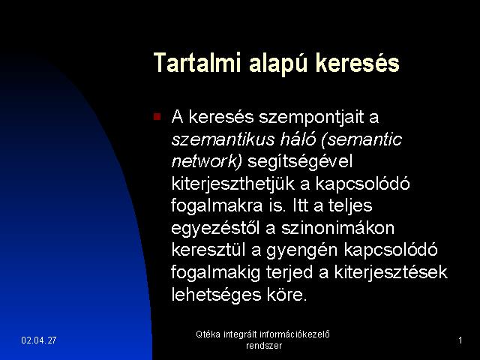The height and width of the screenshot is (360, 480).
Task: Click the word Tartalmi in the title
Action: [x=197, y=63]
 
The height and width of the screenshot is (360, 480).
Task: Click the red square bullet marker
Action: [x=157, y=117]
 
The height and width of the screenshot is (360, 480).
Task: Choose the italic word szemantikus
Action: [x=223, y=139]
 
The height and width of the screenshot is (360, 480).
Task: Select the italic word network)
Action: [x=207, y=161]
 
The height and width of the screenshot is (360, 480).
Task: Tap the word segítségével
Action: [x=300, y=162]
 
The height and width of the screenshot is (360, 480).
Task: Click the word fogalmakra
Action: [x=217, y=205]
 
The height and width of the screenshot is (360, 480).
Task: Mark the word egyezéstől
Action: [x=215, y=229]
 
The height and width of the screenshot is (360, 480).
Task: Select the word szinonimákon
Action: [x=337, y=228]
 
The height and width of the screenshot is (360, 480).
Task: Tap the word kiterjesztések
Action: [x=391, y=272]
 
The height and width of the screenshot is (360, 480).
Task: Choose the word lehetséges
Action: [x=216, y=295]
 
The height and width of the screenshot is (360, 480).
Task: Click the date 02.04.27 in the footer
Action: [x=39, y=340]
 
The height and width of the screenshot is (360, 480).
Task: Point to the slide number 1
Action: [x=460, y=340]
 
